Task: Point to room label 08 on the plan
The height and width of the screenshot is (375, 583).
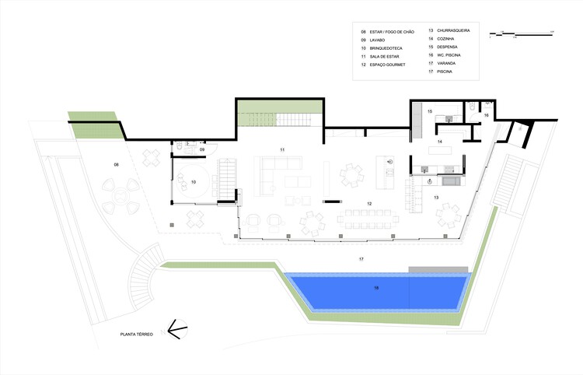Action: (116, 165)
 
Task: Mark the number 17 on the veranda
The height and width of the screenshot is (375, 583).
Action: (361, 258)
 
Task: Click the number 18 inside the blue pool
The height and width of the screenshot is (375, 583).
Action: (376, 289)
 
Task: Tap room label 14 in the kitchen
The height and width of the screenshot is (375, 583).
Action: (439, 142)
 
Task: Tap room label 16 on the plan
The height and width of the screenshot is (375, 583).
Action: (486, 115)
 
